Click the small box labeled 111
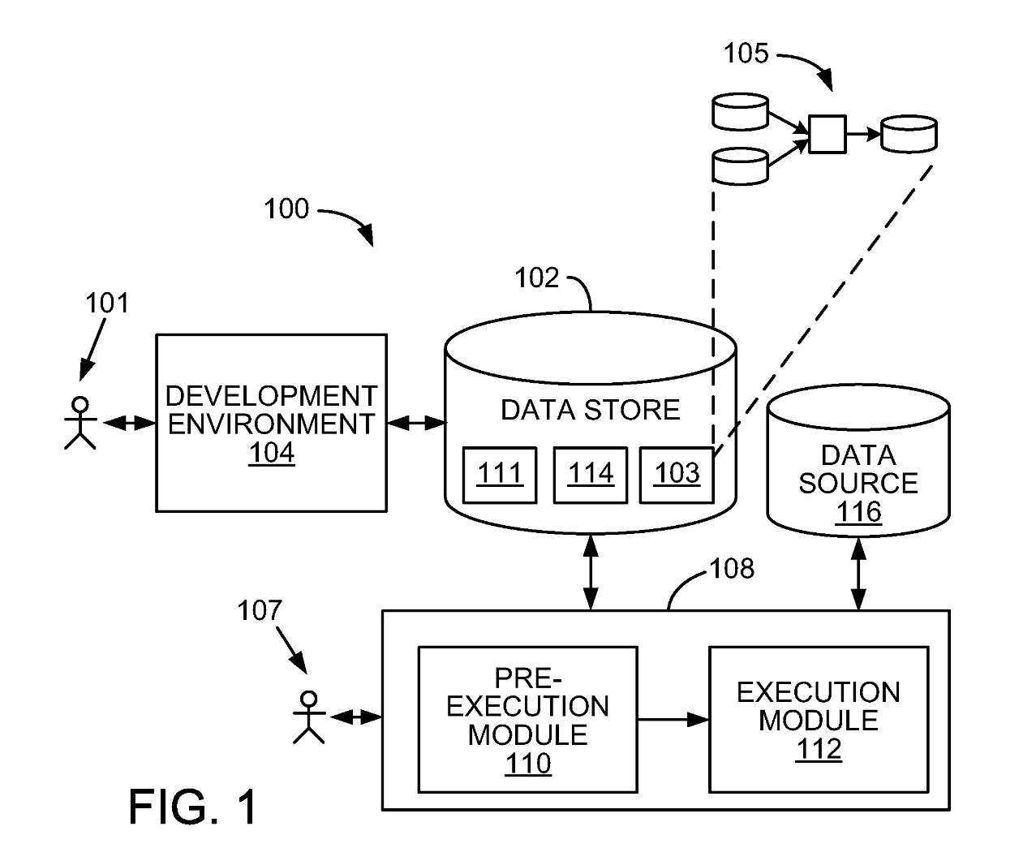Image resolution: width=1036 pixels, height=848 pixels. pos(499,474)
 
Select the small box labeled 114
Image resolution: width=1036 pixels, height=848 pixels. pos(590,474)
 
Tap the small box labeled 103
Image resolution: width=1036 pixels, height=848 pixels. pos(677,474)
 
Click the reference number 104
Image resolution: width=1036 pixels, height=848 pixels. pos(271,453)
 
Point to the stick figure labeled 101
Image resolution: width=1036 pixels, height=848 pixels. pos(80,423)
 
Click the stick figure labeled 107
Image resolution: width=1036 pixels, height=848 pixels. pos(308,717)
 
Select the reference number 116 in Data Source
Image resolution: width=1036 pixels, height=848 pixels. pos(858,512)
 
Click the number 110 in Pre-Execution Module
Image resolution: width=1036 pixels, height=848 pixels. pos(527,764)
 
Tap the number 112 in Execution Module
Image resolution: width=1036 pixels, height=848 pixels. pos(818,749)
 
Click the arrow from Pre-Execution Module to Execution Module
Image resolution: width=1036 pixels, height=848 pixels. pos(673,719)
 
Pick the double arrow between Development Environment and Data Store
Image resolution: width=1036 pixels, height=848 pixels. pos(416,423)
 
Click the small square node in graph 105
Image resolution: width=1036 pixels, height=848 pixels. pos(828,134)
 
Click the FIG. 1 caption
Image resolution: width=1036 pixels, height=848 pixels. pos(193,807)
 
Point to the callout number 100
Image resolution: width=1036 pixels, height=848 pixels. pos(286,209)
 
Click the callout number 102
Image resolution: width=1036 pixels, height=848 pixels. pos(536,278)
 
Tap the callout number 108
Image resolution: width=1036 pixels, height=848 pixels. pos(732,569)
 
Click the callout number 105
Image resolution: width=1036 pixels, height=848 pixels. pos(746,54)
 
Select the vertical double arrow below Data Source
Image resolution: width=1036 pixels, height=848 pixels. pos(858,574)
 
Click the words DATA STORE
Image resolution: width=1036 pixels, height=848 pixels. pos(590,410)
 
